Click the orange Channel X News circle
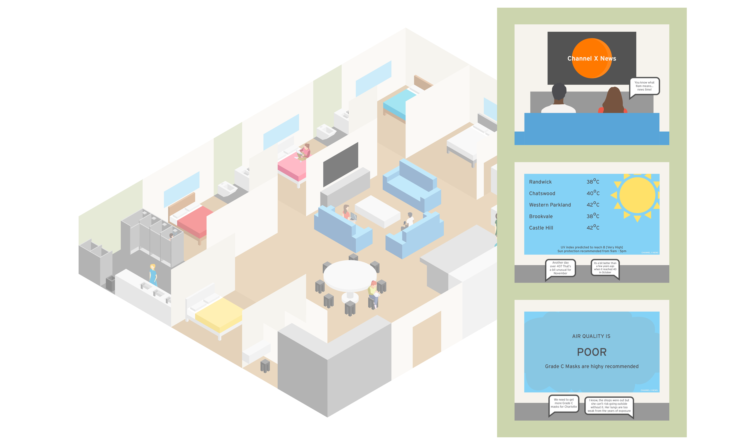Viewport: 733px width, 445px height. pos(591,58)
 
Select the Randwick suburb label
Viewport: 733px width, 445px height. pos(540,182)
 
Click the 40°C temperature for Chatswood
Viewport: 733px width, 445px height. pos(593,193)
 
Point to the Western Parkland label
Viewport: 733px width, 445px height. pos(550,205)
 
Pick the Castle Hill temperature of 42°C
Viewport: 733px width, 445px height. pos(593,227)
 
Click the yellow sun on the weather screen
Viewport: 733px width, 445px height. pos(637,196)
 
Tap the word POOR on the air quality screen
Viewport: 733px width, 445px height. pos(591,352)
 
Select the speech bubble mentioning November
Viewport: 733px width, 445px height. pos(560,268)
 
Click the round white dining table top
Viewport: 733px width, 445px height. pos(350,275)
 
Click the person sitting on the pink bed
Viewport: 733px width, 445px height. pos(304,152)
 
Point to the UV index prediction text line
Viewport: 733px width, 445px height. pos(591,247)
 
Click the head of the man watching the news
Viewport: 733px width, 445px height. pos(559,91)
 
